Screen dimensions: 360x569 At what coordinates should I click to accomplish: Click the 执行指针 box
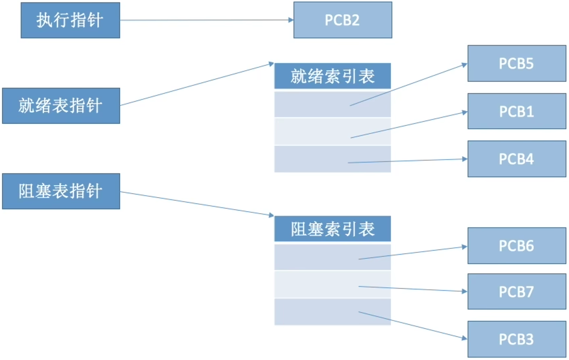(70, 20)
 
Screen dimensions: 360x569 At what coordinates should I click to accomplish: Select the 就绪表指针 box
(61, 105)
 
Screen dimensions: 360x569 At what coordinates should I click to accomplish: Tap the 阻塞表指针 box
(61, 191)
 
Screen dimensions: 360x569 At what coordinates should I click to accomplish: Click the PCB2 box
(343, 20)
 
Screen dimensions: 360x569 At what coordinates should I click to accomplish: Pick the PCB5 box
(516, 64)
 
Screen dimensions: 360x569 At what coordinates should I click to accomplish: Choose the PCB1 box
(516, 111)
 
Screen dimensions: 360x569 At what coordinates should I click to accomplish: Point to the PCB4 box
(516, 159)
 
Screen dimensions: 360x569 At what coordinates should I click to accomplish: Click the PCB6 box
(516, 246)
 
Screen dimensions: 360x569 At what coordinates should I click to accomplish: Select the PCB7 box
(516, 291)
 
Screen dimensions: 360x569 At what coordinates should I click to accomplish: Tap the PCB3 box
(516, 339)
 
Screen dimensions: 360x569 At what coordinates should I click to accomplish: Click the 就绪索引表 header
(332, 76)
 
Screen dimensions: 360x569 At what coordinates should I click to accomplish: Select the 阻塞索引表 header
(332, 229)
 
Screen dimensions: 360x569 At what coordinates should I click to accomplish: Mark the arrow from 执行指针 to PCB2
(206, 20)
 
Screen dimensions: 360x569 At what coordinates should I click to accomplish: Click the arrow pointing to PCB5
(408, 84)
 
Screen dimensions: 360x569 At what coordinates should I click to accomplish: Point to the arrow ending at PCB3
(410, 325)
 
